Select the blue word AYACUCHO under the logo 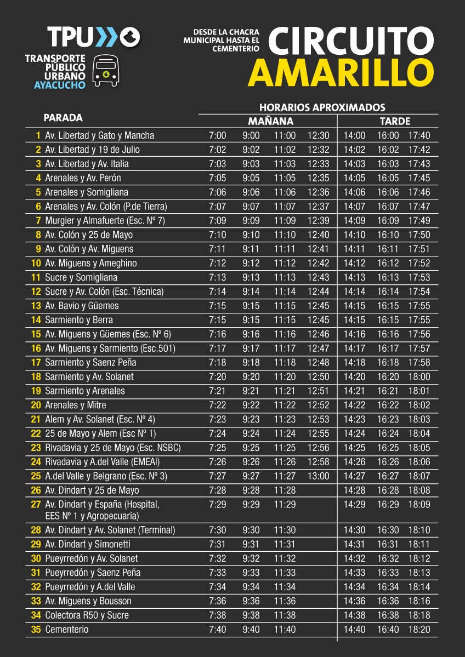click(60, 85)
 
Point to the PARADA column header click(63, 118)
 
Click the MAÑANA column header click(270, 121)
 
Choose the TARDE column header click(395, 121)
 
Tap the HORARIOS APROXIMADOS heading click(322, 107)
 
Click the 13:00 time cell click(318, 476)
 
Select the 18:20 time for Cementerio click(419, 630)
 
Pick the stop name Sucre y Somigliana click(81, 277)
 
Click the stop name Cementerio click(67, 630)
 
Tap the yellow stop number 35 click(36, 630)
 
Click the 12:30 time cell click(318, 135)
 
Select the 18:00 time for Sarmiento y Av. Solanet click(419, 377)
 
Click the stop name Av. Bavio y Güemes click(82, 306)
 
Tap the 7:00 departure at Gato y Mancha click(217, 135)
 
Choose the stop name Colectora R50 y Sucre click(87, 615)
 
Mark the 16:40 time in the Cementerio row click(388, 630)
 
